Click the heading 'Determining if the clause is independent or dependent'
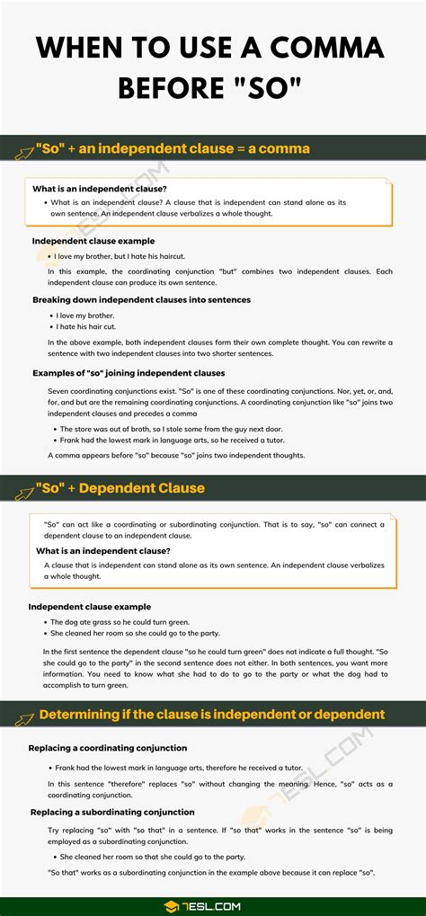211,715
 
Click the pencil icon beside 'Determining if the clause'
21,716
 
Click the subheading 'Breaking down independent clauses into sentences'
141,299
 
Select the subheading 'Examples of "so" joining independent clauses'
129,372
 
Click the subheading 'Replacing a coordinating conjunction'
108,748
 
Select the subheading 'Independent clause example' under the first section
93,241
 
